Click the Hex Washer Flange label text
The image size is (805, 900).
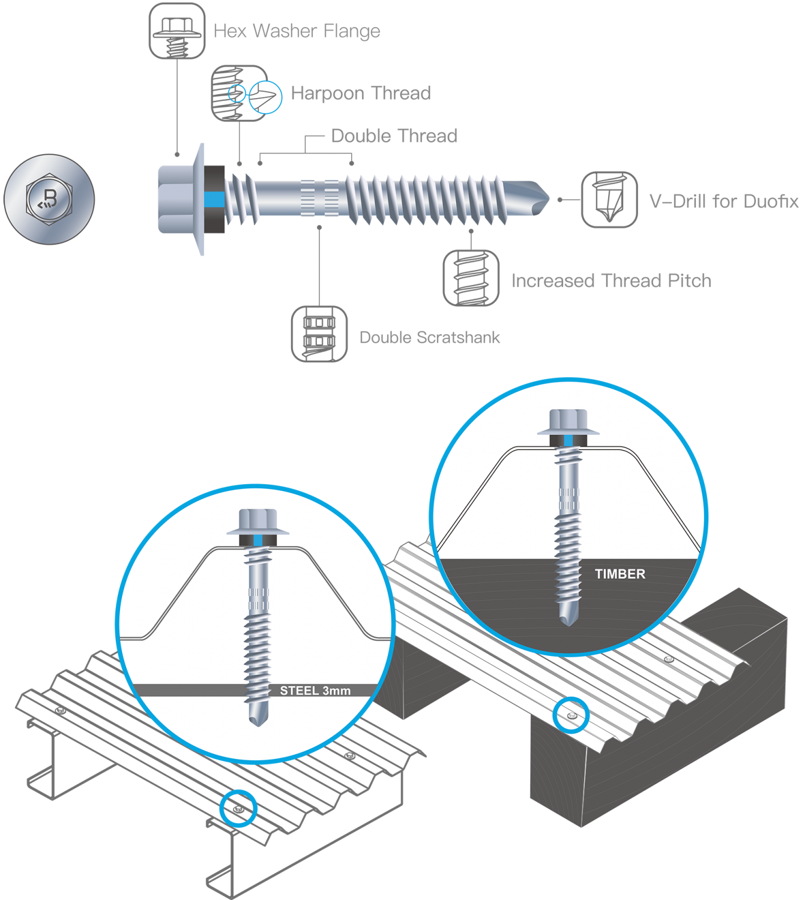click(297, 31)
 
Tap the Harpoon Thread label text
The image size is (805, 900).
click(360, 93)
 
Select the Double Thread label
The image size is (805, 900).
click(393, 136)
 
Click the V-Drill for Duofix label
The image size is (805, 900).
click(723, 201)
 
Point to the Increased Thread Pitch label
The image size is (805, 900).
click(611, 281)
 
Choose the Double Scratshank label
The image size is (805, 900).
click(429, 337)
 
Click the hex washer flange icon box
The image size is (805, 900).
click(176, 31)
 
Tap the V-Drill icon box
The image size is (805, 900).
click(609, 200)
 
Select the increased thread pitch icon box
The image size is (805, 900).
click(471, 278)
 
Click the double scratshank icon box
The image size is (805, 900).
click(319, 334)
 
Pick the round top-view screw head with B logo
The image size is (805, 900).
click(49, 199)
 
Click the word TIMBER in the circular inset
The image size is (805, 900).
click(620, 574)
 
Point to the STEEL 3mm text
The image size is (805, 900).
click(315, 691)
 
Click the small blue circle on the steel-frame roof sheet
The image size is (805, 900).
click(238, 809)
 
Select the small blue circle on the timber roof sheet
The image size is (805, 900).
click(570, 715)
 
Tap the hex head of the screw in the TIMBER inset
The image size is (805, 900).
click(568, 419)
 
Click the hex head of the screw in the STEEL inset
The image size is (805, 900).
click(258, 520)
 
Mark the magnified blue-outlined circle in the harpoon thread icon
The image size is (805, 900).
click(265, 96)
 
